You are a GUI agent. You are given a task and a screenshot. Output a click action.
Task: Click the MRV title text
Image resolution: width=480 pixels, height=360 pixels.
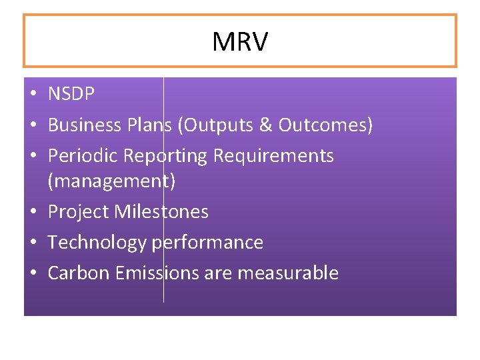pyautogui.click(x=240, y=42)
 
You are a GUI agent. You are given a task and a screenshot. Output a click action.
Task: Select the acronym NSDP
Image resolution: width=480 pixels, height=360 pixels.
pyautogui.click(x=71, y=95)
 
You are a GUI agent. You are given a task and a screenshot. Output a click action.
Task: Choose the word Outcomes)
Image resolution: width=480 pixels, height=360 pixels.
pyautogui.click(x=325, y=125)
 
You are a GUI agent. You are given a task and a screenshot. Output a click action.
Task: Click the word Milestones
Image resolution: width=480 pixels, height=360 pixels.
pyautogui.click(x=161, y=212)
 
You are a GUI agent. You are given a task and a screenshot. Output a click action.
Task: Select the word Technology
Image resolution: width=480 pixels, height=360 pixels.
pyautogui.click(x=97, y=243)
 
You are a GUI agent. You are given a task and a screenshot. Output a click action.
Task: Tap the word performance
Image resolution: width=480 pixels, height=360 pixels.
pyautogui.click(x=207, y=243)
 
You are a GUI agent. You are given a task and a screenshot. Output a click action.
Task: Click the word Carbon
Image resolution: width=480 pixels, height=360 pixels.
pyautogui.click(x=79, y=273)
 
